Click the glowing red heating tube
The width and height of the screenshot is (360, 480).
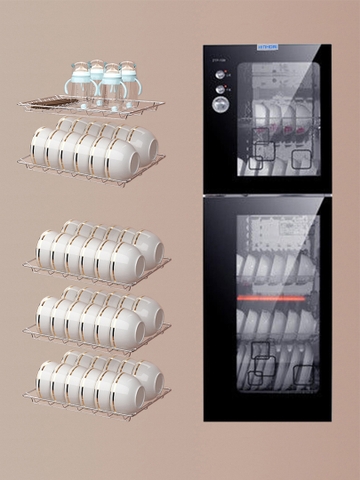[x=270, y=298]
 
